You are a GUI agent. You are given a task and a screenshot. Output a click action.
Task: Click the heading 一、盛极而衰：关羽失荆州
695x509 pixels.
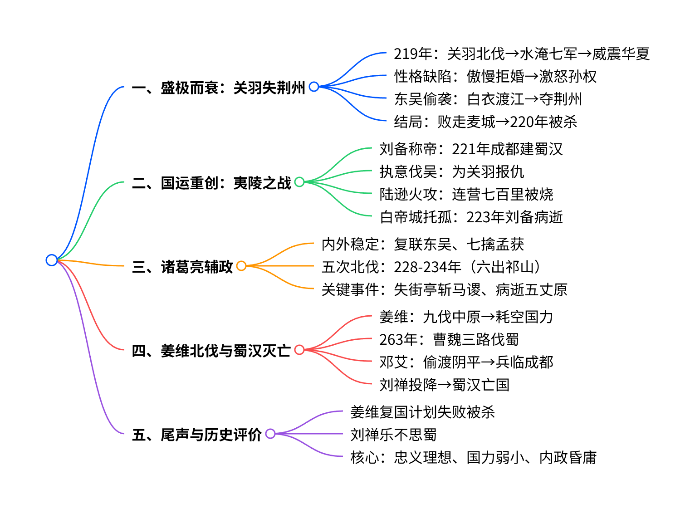coord(218,88)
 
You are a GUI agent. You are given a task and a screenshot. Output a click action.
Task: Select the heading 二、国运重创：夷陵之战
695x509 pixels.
coord(211,183)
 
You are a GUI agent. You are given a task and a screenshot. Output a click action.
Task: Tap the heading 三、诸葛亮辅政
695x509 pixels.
coord(182,267)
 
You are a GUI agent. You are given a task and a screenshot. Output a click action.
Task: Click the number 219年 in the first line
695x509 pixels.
coord(413,54)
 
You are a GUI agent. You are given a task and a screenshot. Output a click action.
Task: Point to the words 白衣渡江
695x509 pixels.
coord(495,99)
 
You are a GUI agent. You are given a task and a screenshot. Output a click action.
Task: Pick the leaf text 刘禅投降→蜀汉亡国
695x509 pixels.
coord(444,385)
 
